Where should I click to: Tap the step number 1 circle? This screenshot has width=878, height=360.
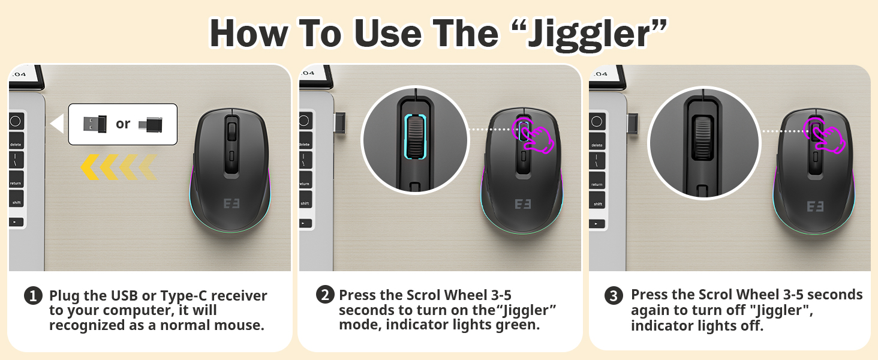tap(33, 296)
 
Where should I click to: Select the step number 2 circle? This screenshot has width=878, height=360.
tap(325, 295)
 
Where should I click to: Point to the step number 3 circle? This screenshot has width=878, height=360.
tap(614, 296)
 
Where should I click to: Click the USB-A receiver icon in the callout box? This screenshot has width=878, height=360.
tap(95, 124)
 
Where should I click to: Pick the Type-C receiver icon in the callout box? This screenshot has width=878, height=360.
tap(151, 125)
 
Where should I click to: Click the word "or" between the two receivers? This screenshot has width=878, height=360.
tap(123, 124)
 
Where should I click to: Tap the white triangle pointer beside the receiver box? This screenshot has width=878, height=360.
tap(58, 124)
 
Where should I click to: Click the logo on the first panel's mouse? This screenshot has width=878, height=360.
tap(231, 203)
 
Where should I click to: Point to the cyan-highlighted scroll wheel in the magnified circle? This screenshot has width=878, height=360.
tap(415, 137)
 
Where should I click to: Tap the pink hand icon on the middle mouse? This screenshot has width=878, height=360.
tap(534, 134)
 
